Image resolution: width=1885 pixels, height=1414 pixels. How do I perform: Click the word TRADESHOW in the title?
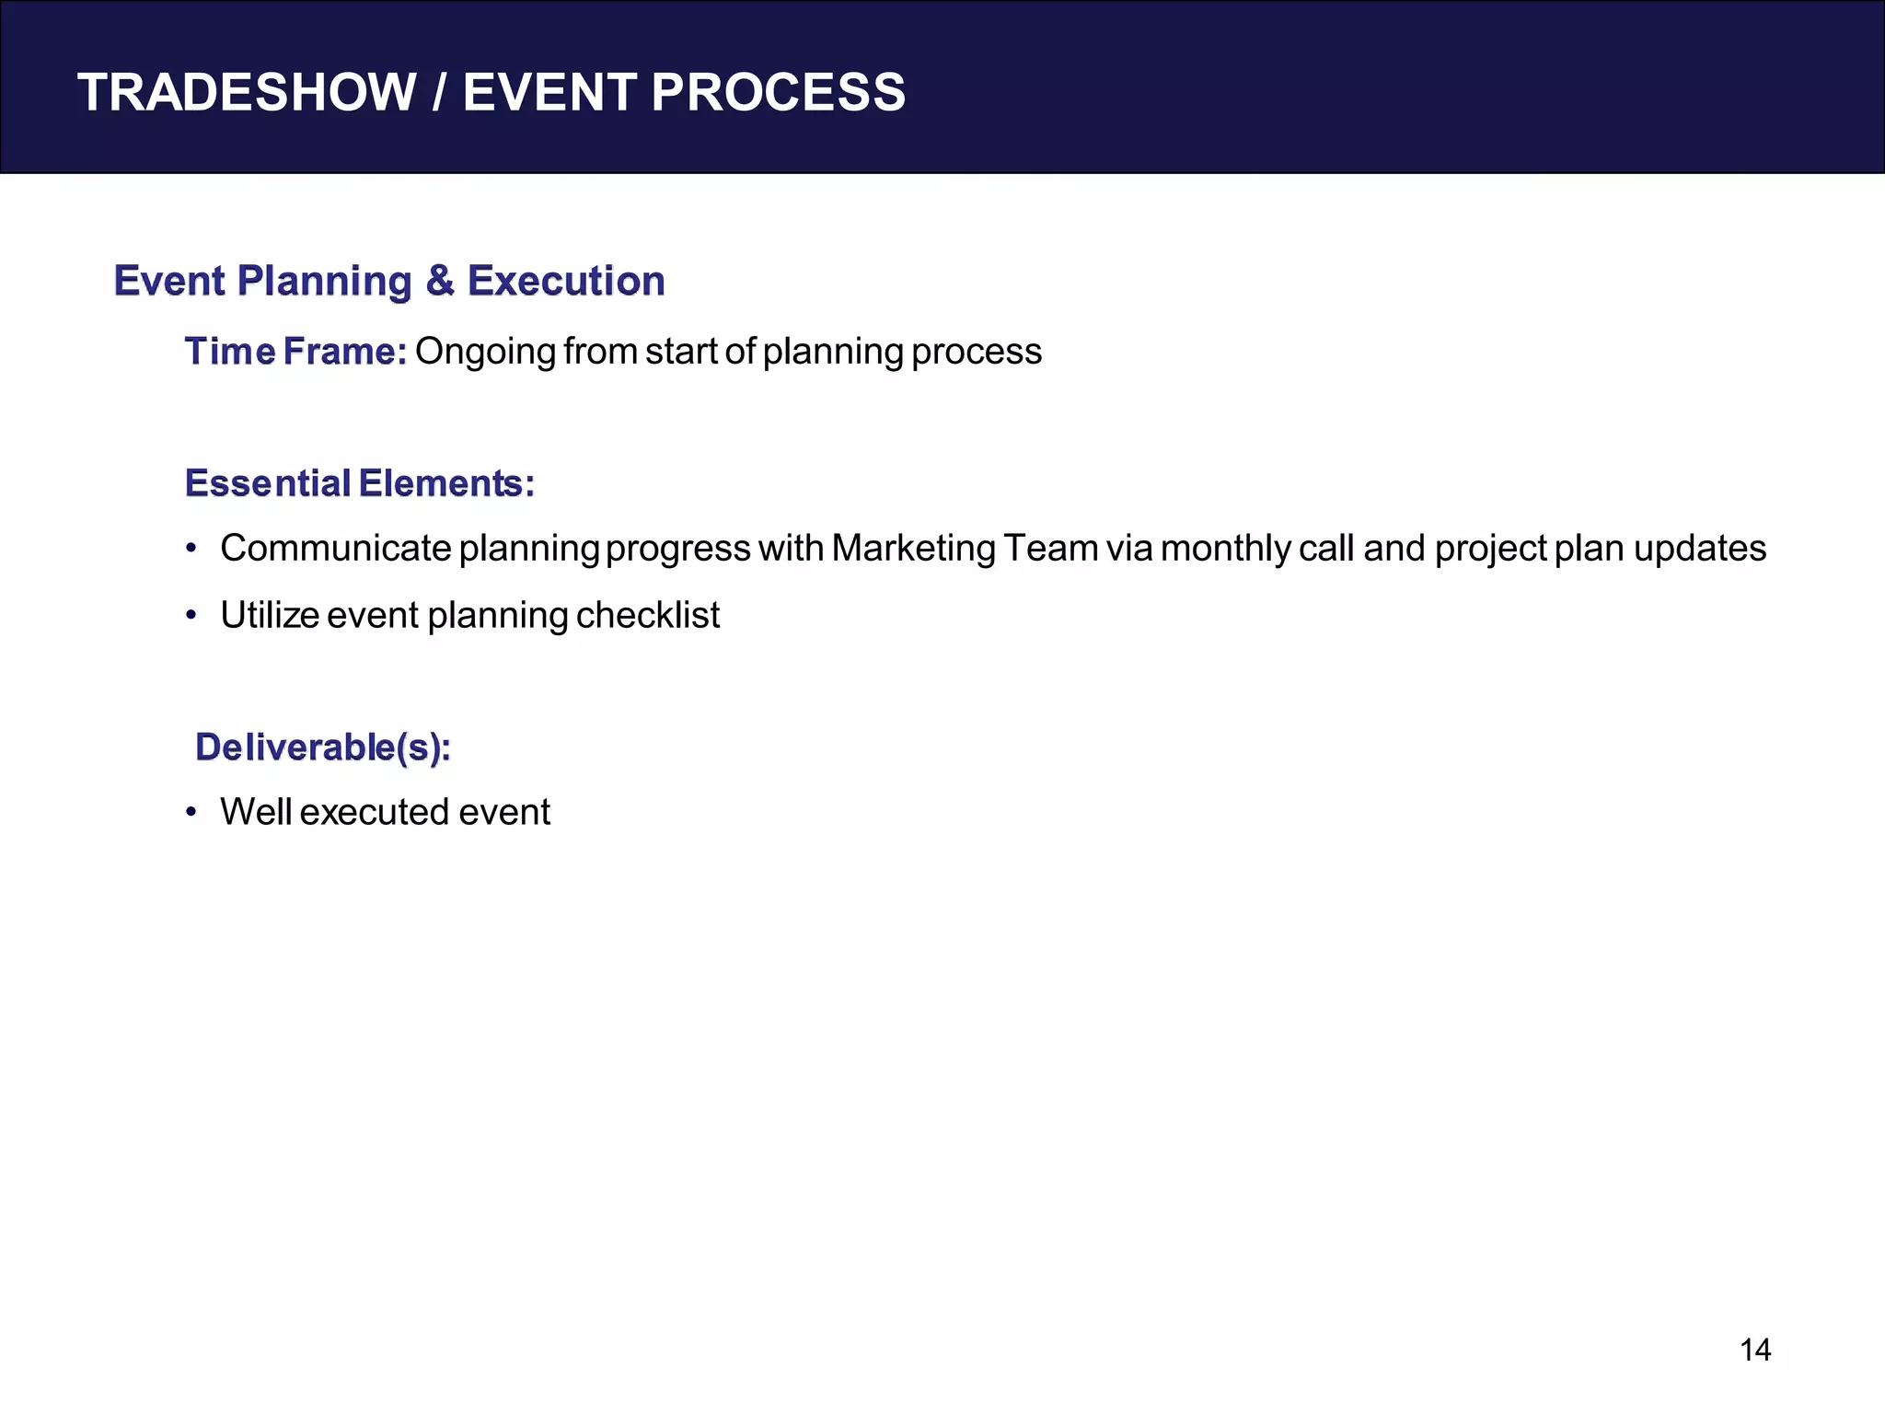(247, 93)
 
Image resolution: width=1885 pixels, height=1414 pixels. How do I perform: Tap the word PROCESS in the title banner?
(778, 93)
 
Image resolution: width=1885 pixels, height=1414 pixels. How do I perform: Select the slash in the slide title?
(440, 93)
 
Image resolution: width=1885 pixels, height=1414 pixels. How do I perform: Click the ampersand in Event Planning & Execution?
(440, 281)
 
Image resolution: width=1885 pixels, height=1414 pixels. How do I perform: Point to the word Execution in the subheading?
(566, 281)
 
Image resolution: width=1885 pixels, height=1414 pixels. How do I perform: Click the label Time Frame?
(295, 352)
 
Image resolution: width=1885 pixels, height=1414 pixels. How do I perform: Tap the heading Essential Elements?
(360, 483)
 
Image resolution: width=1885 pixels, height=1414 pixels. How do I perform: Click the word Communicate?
(336, 549)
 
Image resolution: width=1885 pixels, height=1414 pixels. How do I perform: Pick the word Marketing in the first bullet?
(913, 549)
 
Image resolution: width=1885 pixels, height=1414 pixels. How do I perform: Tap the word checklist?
(647, 616)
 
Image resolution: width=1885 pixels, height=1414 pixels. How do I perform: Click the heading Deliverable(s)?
(323, 748)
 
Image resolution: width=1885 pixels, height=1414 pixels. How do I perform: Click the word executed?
(374, 813)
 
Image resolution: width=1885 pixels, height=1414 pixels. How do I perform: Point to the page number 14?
(1755, 1350)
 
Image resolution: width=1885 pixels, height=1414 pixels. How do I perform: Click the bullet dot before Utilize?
(191, 616)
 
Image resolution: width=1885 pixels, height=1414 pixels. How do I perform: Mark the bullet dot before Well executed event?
(191, 813)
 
